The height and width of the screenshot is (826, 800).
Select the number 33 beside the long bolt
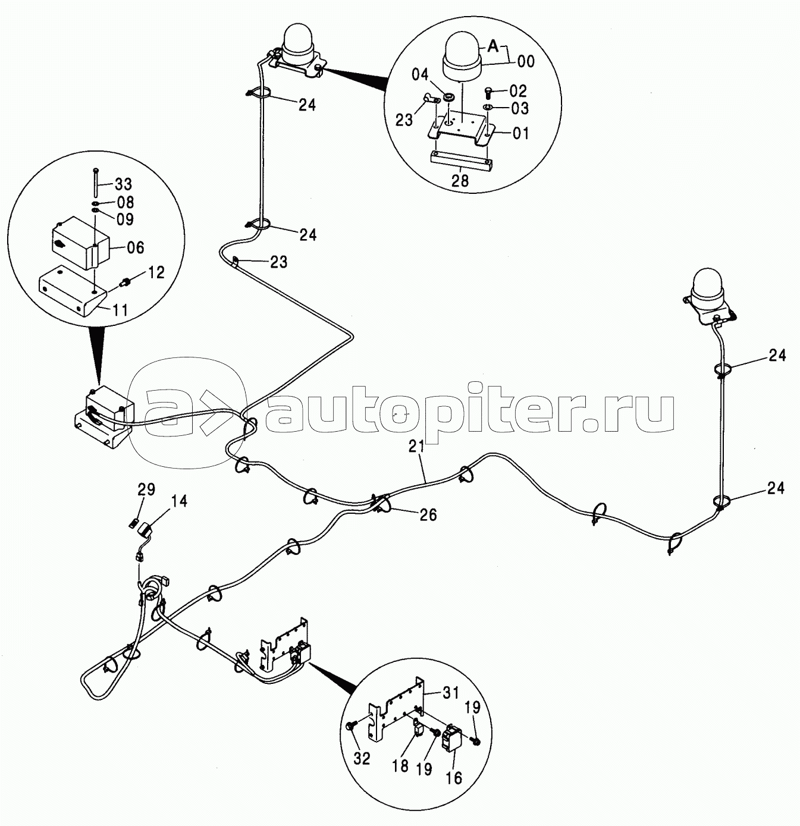[124, 184]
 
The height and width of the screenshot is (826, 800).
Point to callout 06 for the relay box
[136, 247]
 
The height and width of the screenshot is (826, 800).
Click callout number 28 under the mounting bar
[460, 181]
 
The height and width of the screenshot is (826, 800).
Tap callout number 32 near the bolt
[362, 758]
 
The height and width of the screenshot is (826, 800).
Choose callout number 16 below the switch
[453, 777]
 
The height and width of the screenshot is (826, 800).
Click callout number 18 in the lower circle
[401, 765]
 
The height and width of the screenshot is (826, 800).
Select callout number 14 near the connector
[178, 501]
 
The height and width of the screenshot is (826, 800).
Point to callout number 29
[146, 489]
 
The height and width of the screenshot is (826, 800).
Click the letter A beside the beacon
[493, 45]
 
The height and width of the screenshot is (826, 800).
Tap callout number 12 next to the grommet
[156, 272]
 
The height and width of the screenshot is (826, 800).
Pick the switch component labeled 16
[454, 739]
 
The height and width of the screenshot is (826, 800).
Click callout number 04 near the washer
[420, 75]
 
